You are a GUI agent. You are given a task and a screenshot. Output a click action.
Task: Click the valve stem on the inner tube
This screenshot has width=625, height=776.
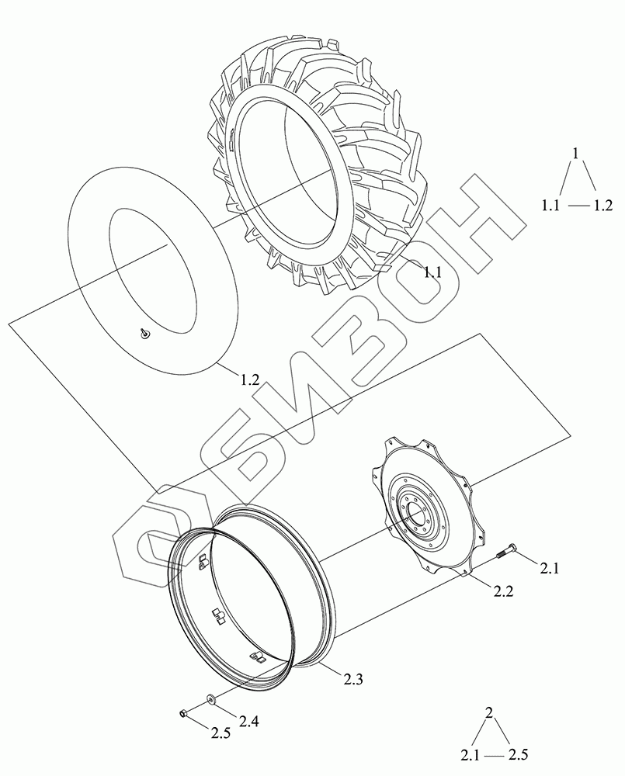[x=145, y=334]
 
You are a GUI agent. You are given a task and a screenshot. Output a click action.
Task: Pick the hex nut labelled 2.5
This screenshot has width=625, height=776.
[x=183, y=713]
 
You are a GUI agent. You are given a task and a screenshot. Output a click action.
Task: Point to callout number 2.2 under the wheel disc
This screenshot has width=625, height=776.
[x=502, y=591]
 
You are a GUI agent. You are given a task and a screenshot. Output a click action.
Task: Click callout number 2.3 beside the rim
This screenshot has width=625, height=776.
[x=352, y=679]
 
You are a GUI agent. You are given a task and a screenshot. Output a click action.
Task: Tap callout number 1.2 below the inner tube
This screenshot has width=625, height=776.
[x=249, y=379]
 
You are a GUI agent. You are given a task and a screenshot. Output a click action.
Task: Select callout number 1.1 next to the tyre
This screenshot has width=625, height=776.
[x=432, y=272]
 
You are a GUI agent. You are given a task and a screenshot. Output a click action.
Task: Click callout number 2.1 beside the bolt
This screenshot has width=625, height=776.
[x=549, y=569]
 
